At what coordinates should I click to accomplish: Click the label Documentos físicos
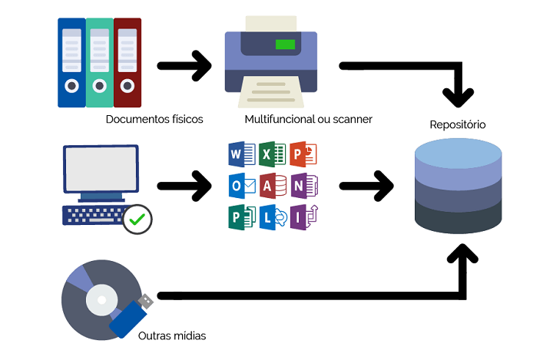[x=154, y=119]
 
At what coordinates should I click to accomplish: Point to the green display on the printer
[x=285, y=44]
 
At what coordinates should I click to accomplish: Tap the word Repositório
[x=458, y=124]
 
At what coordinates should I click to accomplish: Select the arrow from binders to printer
[x=184, y=66]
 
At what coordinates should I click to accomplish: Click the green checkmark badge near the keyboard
[x=137, y=219]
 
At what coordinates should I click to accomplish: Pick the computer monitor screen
[x=101, y=170]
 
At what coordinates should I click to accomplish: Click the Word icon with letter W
[x=241, y=154]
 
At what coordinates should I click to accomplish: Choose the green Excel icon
[x=272, y=154]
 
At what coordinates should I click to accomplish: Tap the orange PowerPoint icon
[x=303, y=154]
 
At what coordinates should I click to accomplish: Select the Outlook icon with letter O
[x=241, y=186]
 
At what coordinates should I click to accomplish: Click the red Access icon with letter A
[x=272, y=186]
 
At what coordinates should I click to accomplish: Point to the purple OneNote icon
[x=303, y=186]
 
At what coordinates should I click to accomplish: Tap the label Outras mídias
[x=172, y=335]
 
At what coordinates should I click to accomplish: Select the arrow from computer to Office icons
[x=184, y=186]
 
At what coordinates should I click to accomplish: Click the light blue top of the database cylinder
[x=458, y=153]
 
